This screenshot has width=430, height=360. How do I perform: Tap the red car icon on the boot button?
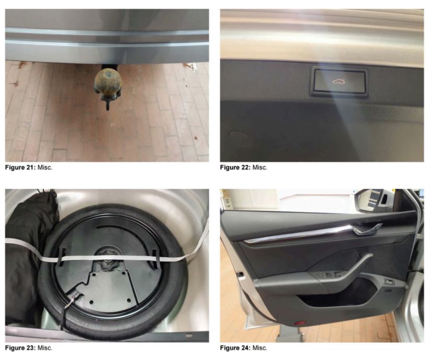click(339, 81)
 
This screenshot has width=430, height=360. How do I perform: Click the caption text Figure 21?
click(20, 167)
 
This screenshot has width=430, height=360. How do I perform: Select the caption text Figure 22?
click(235, 167)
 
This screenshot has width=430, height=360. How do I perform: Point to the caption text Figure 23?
click(20, 348)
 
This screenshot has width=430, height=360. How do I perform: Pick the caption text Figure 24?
click(235, 348)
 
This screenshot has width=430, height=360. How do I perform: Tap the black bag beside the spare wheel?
click(25, 255)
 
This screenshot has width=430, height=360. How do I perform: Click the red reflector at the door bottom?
click(300, 323)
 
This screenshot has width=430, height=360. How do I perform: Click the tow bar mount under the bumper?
click(110, 67)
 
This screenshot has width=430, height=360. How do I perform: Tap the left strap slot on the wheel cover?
click(61, 257)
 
